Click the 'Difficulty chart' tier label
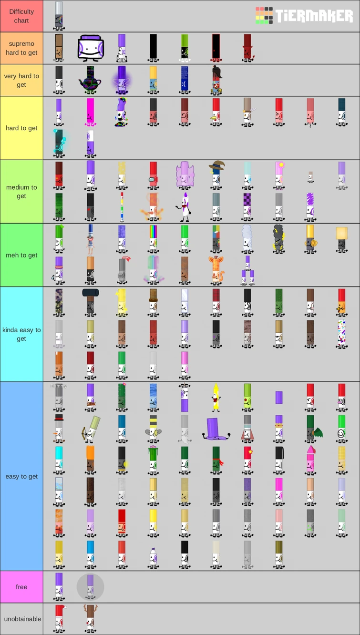21,16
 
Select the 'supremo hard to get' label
21,48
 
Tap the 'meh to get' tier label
21,255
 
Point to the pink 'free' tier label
21,587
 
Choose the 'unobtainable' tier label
21,619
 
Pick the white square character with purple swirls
91,48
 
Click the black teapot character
90,80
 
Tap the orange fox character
216,271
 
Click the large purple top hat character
216,429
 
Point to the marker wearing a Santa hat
59,618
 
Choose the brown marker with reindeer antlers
90,618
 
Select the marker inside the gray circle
90,587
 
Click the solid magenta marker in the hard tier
90,113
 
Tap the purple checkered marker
247,206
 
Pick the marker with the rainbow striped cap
153,239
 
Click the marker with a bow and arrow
91,429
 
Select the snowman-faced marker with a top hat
59,429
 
